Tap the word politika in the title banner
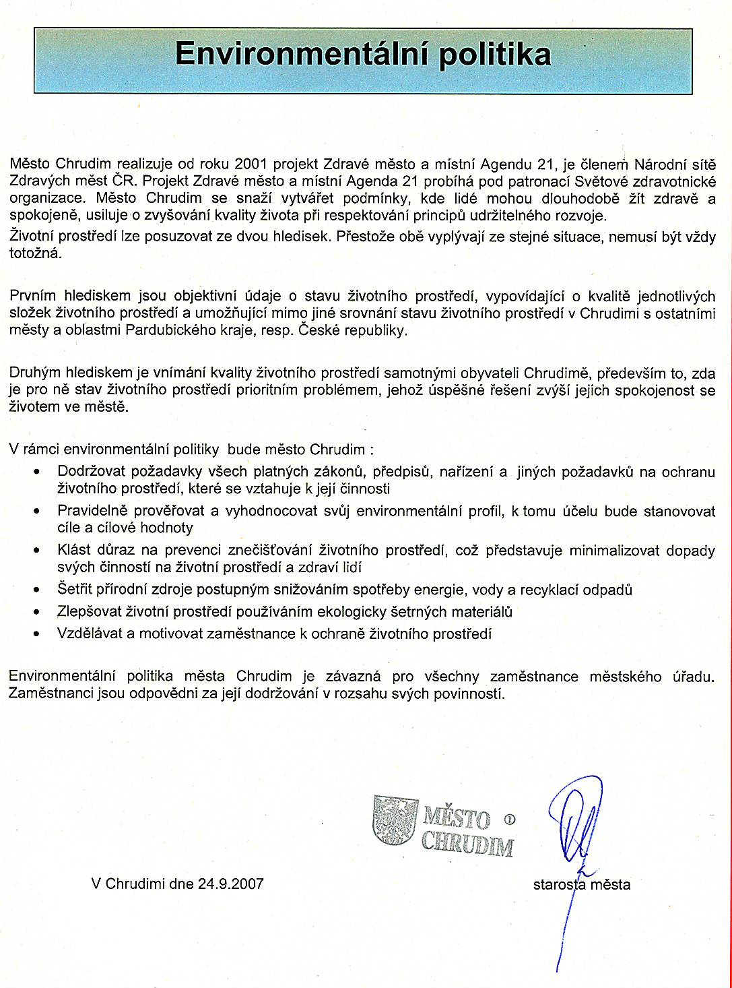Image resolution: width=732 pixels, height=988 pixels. tap(495, 55)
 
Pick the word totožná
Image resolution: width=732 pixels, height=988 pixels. tap(35, 253)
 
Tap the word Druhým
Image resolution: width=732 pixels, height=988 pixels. tap(34, 373)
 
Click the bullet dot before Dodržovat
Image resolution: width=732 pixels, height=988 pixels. tap(37, 472)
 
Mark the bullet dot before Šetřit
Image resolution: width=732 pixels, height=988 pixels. tap(37, 590)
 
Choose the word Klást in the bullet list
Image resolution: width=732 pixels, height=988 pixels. tap(74, 550)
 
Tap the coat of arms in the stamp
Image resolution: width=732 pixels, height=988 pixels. tap(395, 819)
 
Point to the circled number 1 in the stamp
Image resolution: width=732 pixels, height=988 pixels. tap(509, 820)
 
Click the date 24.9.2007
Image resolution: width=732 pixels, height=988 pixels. tap(230, 883)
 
